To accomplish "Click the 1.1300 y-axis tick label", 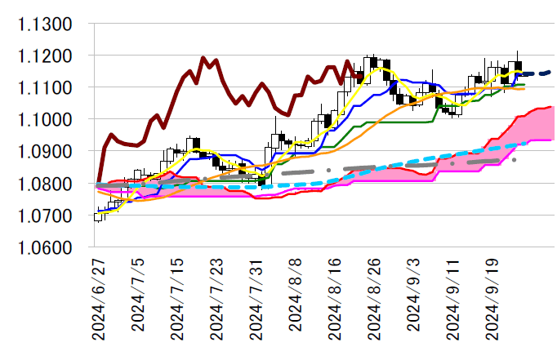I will click(44, 24).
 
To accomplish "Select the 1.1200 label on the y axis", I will click(44, 56).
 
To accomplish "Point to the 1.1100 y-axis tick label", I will click(44, 88).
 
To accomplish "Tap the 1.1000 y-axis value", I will click(44, 120).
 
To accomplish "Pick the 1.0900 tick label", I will click(44, 152).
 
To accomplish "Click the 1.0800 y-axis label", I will click(44, 184).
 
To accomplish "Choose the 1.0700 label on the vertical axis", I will click(44, 216).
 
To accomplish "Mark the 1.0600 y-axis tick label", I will click(44, 247).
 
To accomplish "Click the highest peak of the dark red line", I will click(203, 58).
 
